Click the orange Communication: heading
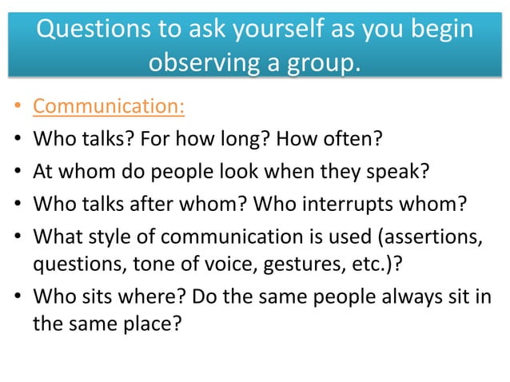tap(109, 106)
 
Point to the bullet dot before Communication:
tap(18, 107)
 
